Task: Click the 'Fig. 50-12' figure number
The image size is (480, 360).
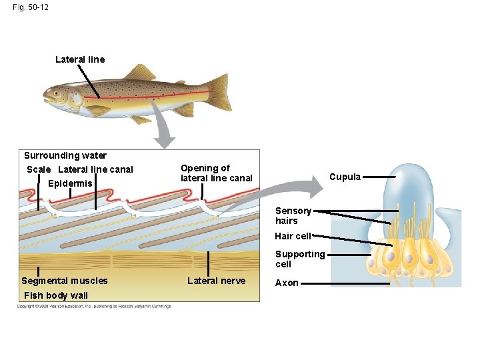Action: tap(30, 7)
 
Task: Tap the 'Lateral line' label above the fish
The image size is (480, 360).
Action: tap(80, 59)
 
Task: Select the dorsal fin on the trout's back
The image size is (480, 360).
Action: tap(140, 72)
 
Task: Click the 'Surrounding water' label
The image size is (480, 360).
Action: tap(65, 156)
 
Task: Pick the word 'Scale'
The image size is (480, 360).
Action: tap(39, 170)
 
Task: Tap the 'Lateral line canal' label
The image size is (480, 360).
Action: tap(96, 170)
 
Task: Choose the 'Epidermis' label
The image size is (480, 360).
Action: tap(70, 183)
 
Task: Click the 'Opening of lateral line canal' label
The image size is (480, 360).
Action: tap(217, 173)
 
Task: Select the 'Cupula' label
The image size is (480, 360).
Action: tap(345, 177)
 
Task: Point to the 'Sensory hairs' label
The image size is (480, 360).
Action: tap(293, 216)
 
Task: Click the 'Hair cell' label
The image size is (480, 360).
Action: tap(293, 236)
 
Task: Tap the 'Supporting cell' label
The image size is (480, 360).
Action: tap(300, 259)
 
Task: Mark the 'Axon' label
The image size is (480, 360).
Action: tap(287, 283)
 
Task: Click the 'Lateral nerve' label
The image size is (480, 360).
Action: tap(216, 281)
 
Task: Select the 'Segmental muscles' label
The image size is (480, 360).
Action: tap(64, 281)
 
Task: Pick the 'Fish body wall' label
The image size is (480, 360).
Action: tap(55, 295)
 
